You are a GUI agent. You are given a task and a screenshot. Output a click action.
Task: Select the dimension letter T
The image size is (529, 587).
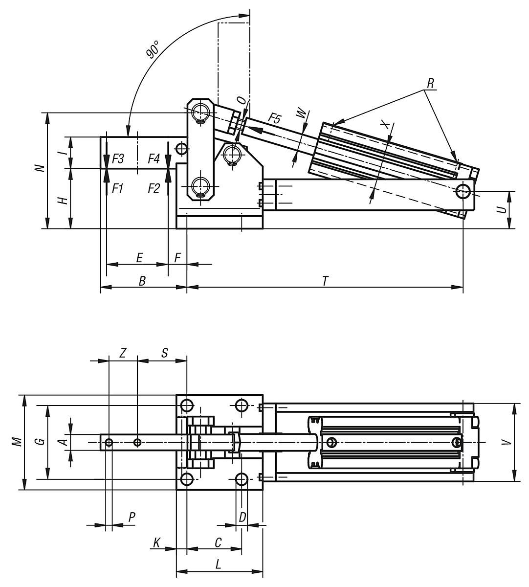(x=325, y=280)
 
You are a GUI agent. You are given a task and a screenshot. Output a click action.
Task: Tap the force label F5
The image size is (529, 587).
(x=275, y=118)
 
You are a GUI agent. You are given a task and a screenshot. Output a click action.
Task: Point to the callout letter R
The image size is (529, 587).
(x=430, y=84)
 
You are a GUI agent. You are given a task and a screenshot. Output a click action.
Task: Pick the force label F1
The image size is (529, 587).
(x=117, y=188)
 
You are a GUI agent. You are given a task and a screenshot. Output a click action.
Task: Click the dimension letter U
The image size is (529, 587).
(x=501, y=210)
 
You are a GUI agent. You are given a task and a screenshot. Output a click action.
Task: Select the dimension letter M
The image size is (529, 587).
(x=18, y=442)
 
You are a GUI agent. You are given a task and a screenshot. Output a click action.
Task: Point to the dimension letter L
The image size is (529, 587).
(x=219, y=564)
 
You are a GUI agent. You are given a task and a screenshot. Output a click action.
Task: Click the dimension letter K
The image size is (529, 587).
(x=156, y=542)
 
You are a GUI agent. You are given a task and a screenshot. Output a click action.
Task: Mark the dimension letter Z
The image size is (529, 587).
(x=123, y=353)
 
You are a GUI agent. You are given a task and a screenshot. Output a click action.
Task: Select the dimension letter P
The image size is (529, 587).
(x=132, y=518)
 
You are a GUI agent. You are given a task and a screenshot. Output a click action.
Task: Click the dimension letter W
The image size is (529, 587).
(x=302, y=114)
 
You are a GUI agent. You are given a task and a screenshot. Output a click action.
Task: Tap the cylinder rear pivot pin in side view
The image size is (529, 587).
(x=463, y=191)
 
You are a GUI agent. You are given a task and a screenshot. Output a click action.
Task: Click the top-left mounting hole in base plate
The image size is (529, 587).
(x=187, y=406)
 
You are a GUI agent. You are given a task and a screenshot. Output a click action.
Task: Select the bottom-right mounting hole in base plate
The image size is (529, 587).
(x=242, y=479)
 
